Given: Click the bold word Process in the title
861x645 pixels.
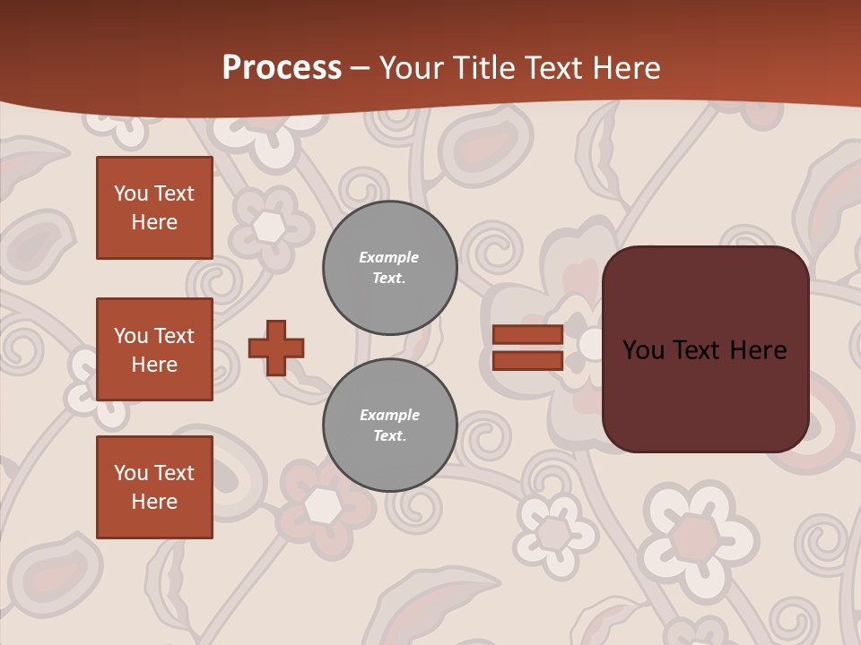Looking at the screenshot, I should tap(282, 68).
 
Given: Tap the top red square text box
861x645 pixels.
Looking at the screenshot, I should tap(154, 208).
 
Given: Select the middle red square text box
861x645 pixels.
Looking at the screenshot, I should tap(154, 349).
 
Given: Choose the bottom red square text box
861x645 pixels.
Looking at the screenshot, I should tap(154, 487).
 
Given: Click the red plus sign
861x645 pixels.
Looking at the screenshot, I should tap(276, 348).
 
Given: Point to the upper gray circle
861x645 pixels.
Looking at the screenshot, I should tap(390, 268).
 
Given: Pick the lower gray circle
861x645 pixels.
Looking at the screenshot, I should tap(390, 426).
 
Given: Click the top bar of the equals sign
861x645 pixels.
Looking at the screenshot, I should tap(527, 334).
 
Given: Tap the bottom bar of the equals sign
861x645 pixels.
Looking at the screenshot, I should tap(527, 360).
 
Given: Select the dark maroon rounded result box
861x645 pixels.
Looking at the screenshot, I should tap(705, 349).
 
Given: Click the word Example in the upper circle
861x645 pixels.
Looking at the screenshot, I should tap(388, 257).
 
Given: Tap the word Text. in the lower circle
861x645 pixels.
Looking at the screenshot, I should tap(390, 436).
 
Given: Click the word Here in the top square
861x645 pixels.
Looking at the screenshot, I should tap(154, 222).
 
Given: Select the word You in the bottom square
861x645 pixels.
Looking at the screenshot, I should tap(131, 473).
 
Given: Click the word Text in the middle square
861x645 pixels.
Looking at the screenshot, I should tap(173, 336).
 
